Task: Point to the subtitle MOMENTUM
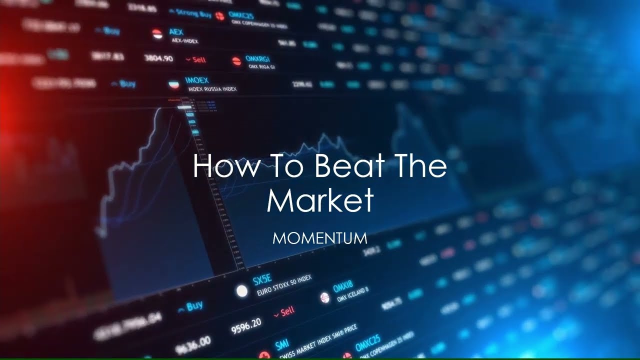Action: coord(320,238)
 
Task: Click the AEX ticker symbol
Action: coord(176,32)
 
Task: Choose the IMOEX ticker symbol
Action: coord(196,80)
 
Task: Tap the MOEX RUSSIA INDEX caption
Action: coord(212,89)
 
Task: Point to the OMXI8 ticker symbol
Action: coord(343,286)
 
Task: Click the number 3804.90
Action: coord(158,58)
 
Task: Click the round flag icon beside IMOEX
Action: coord(174,83)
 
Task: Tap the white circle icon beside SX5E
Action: coord(242,291)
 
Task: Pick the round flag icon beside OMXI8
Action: coord(324,297)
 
